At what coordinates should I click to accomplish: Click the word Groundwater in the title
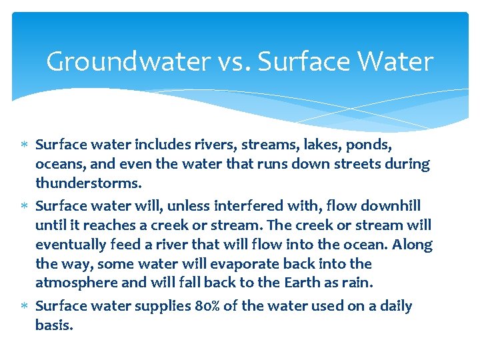[129, 62]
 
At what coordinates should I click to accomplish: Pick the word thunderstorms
[89, 183]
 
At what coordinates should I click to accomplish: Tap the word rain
[358, 283]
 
